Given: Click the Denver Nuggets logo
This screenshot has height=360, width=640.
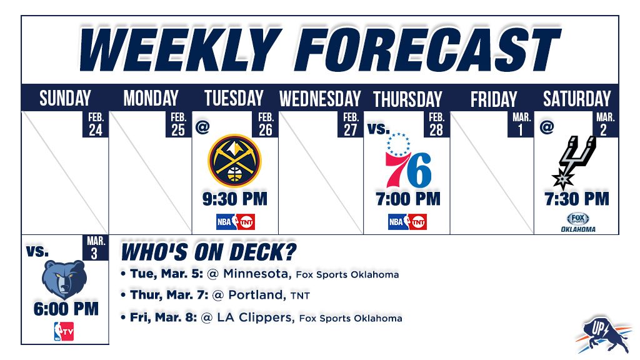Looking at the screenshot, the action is (235, 161).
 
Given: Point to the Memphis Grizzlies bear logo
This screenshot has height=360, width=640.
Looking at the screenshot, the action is (64, 279).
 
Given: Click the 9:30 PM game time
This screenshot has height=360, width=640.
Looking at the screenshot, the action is (235, 199).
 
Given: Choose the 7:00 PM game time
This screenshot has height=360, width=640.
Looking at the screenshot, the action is (408, 199).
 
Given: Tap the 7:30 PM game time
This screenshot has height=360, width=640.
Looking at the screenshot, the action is (577, 199).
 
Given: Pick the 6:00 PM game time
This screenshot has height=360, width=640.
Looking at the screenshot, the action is (66, 309).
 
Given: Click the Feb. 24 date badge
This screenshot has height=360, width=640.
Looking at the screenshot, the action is (96, 124).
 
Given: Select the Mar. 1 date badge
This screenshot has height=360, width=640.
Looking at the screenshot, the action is (521, 124).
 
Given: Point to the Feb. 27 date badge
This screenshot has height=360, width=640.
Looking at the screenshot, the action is (350, 124).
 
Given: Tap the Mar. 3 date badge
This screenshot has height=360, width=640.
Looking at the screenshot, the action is (96, 247).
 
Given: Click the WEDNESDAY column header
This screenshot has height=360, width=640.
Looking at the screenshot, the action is (320, 99).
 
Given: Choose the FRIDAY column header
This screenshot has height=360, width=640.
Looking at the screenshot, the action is (494, 99).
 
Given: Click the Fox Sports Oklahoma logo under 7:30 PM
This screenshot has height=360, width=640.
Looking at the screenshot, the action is (578, 222).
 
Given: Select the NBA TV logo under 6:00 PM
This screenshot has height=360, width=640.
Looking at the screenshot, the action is (64, 331).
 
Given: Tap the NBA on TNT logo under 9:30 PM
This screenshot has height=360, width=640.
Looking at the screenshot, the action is (236, 222).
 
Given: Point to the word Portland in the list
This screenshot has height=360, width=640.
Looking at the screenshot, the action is (257, 295).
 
